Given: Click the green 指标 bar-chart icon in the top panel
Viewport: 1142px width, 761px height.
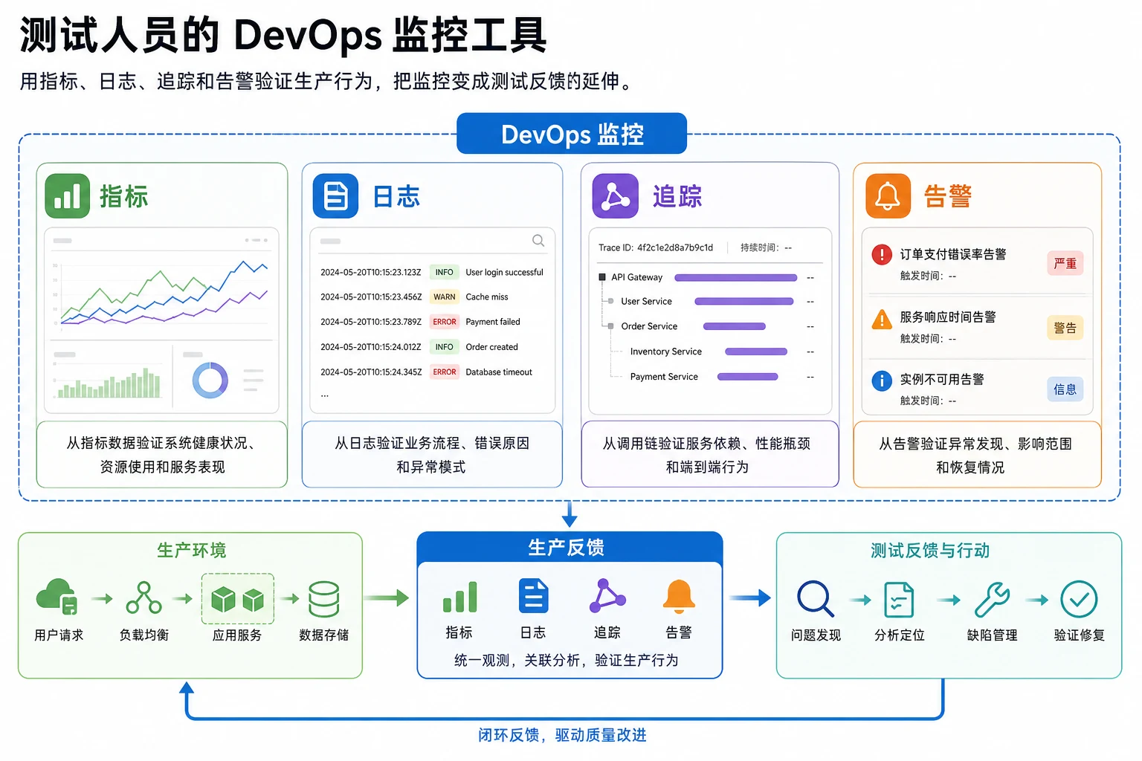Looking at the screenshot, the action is (68, 195).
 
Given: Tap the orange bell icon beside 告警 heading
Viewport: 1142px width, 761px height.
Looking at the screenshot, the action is (888, 195).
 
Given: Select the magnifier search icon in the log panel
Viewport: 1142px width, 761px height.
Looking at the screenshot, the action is (538, 241).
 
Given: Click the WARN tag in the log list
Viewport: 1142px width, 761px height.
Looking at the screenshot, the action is (444, 297).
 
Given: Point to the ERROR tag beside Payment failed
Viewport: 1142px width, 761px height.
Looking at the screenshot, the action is (444, 322).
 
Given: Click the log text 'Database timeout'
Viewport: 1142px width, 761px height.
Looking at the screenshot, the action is (499, 372).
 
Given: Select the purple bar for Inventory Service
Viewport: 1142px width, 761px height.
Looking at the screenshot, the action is (756, 352).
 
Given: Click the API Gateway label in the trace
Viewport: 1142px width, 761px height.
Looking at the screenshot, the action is (636, 277).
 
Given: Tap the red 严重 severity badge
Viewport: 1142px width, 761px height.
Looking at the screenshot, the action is (1065, 264).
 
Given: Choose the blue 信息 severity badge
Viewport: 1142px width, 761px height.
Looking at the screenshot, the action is (1065, 389).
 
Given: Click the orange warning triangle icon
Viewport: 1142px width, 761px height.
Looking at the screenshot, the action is (882, 320).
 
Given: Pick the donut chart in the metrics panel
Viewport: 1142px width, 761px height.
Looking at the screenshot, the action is (210, 380).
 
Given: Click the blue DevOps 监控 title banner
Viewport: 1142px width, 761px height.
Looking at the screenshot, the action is (572, 134).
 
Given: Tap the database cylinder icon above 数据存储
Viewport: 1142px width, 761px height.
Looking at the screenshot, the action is (323, 599).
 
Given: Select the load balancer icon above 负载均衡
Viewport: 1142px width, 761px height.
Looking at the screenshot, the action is (143, 598).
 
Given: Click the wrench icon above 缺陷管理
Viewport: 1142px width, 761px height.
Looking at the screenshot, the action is (992, 600).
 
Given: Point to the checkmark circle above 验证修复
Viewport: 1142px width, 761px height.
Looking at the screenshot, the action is (1079, 599).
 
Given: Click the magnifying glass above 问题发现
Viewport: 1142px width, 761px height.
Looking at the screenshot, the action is (815, 599).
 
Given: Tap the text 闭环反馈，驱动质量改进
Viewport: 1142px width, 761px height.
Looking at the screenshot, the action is (562, 735).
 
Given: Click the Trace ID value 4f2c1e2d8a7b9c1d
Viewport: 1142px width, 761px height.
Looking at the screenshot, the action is (675, 247).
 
